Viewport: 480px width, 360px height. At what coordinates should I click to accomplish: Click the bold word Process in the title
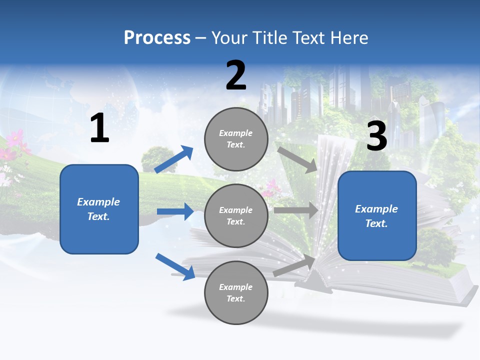coord(157,38)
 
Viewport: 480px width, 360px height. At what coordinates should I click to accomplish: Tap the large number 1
coord(99,128)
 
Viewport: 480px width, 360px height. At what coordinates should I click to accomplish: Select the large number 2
coord(236,75)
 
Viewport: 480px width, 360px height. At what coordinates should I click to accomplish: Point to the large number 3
coord(376,136)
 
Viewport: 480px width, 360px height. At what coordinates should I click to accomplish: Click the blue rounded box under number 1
coord(99,209)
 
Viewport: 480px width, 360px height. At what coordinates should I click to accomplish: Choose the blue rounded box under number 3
coord(377,215)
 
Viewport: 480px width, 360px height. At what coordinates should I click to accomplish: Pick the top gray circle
coord(236,139)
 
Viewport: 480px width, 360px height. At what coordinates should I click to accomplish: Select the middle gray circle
coord(236,215)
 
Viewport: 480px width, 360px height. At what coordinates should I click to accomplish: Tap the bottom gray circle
coord(236,292)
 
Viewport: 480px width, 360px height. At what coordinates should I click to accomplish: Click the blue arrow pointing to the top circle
coord(174,159)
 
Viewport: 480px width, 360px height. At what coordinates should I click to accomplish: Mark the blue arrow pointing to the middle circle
coord(175,211)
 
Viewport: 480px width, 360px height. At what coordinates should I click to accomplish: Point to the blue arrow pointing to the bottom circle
coord(175,266)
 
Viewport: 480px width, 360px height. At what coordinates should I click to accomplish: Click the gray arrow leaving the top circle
coord(297,160)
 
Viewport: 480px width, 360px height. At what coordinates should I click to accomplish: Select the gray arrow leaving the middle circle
coord(296,210)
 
